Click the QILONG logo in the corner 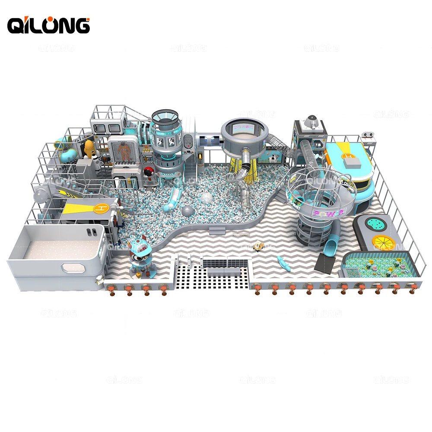48,25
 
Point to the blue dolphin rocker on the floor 283,260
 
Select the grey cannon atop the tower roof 311,121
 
